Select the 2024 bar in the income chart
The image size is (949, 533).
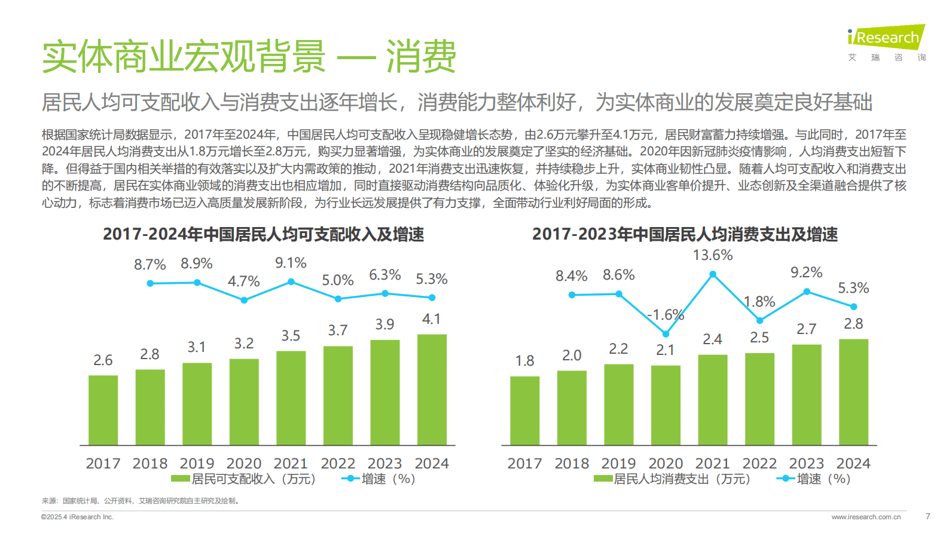point(432,390)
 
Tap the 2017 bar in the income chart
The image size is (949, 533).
point(103,410)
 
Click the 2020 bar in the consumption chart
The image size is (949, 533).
point(666,405)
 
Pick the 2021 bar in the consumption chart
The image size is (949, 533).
point(713,400)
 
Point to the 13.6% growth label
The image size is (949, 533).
point(713,255)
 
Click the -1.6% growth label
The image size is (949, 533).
point(666,315)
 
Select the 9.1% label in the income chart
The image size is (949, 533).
point(291,263)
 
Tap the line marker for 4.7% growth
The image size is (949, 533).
point(244,300)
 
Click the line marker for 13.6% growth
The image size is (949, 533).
point(713,274)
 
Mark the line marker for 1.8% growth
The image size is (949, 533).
point(760,321)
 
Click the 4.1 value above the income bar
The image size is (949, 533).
point(431,319)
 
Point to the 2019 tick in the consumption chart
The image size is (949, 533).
point(618,464)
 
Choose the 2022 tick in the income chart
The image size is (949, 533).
point(338,464)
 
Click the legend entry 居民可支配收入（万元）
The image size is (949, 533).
point(244,479)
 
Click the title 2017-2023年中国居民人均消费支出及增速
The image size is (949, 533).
point(685,234)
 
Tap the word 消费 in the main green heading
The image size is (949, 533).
point(421,57)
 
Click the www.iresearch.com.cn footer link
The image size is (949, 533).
point(865,517)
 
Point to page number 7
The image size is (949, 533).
point(927,516)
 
